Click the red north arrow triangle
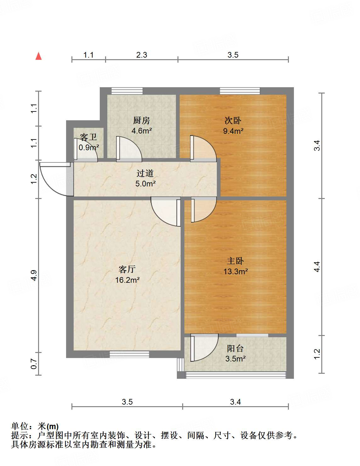pyautogui.click(x=39, y=56)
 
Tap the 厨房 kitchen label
pyautogui.click(x=141, y=120)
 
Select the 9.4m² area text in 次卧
pyautogui.click(x=233, y=131)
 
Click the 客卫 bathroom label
pyautogui.click(x=88, y=137)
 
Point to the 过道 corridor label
pyautogui.click(x=145, y=173)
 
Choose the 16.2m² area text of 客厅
pyautogui.click(x=127, y=280)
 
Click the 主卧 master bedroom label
pyautogui.click(x=235, y=261)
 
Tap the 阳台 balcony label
pyautogui.click(x=235, y=348)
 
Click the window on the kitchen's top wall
pyautogui.click(x=127, y=91)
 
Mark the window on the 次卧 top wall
pyautogui.click(x=240, y=91)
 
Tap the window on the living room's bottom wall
pyautogui.click(x=129, y=355)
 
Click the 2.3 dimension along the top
pyautogui.click(x=142, y=55)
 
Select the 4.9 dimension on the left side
pyautogui.click(x=34, y=276)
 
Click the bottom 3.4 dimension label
pyautogui.click(x=235, y=402)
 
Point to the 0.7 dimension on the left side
pyautogui.click(x=34, y=365)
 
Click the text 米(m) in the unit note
pyautogui.click(x=48, y=427)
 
